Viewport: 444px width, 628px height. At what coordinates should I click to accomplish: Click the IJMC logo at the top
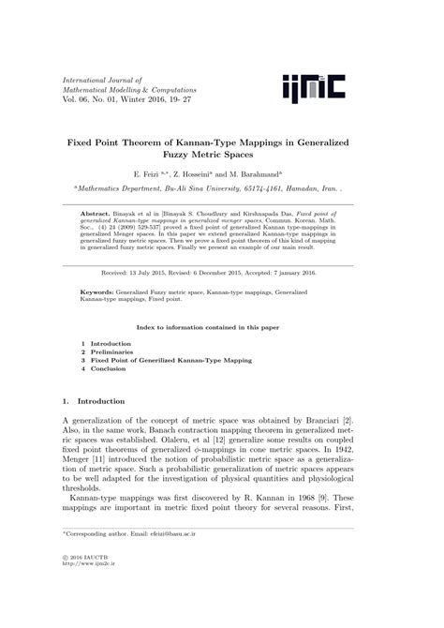(x=313, y=87)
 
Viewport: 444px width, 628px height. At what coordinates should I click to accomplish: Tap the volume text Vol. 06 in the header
(x=76, y=97)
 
